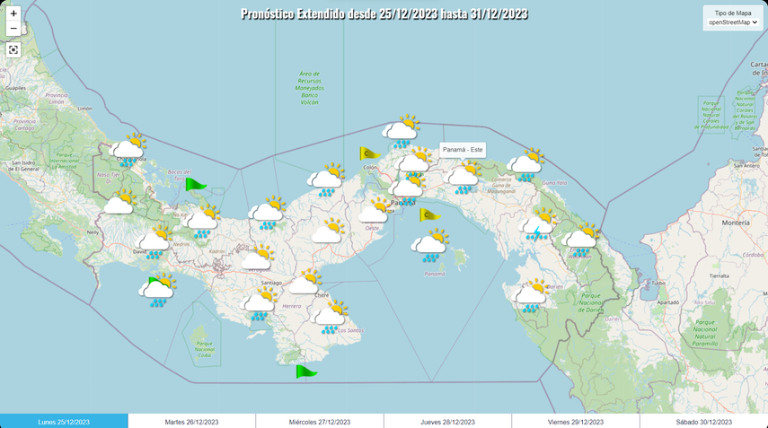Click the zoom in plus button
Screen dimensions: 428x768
[x=13, y=13]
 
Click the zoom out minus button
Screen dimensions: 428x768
[x=13, y=29]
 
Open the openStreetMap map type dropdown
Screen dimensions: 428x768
[x=733, y=22]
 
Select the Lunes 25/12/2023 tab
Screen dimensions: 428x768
[x=64, y=421]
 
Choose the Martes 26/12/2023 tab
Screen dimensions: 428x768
[x=191, y=421]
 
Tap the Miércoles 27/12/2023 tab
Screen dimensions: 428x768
[x=320, y=421]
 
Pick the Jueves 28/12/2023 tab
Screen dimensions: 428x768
[x=447, y=421]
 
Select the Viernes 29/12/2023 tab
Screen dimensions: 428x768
[x=576, y=421]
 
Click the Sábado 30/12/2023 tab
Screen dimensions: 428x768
[x=704, y=421]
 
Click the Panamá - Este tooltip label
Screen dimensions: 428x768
[x=463, y=150]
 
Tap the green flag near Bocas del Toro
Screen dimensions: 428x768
[x=194, y=184]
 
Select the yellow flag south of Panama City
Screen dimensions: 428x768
[x=429, y=214]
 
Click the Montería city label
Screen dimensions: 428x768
[x=735, y=223]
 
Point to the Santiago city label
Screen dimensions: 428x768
[x=270, y=283]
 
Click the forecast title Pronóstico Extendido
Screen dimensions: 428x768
[x=384, y=13]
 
